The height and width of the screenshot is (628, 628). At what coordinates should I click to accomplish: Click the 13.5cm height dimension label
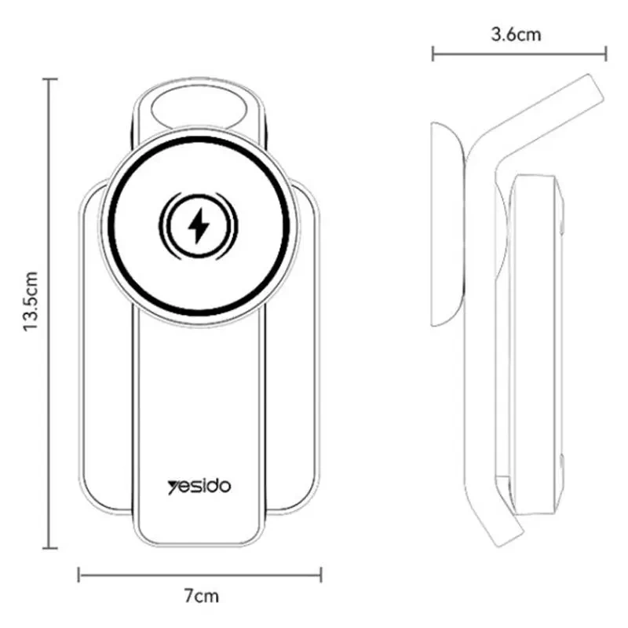31,301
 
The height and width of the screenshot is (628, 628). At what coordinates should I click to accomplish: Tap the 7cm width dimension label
202,596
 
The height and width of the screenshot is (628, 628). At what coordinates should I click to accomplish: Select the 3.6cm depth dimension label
516,35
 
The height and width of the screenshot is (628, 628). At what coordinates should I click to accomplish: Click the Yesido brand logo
199,486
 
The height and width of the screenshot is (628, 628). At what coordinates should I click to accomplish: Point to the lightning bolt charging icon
199,226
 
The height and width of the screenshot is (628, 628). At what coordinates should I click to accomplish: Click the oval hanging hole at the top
199,108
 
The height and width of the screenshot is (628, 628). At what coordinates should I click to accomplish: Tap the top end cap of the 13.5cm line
49,79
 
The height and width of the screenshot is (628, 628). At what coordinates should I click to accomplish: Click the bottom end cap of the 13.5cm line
49,548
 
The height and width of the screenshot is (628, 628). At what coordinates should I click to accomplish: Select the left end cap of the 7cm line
79,575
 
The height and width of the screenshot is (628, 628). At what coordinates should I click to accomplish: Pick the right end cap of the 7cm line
321,575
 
